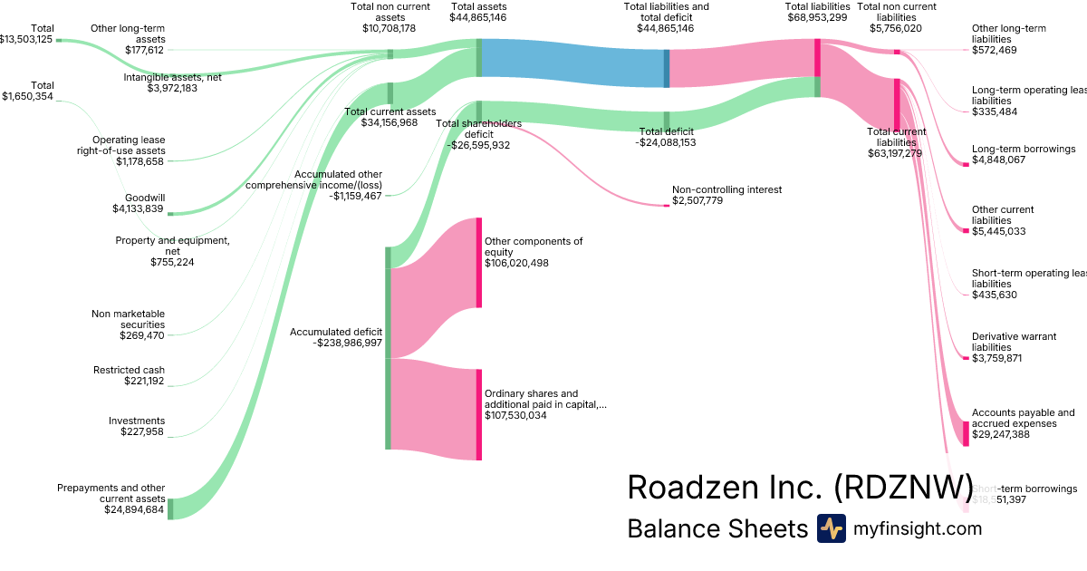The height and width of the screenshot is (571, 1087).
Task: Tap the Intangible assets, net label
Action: (x=172, y=77)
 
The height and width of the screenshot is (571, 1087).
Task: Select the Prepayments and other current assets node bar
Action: (x=169, y=508)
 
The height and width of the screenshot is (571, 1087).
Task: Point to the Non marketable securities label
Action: (x=128, y=319)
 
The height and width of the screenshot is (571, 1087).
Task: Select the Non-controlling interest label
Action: (x=726, y=190)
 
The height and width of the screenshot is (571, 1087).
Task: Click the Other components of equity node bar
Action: (x=479, y=263)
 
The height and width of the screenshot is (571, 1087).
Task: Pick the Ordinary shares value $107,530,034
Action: (x=515, y=415)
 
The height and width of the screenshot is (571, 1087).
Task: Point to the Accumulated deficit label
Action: (x=336, y=332)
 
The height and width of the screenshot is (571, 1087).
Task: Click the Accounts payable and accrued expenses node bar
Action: (x=967, y=433)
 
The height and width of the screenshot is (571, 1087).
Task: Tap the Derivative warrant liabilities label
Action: (x=1014, y=342)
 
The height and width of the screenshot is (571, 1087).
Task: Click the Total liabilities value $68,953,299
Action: (x=817, y=17)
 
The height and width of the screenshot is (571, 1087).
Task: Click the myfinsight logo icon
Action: (x=831, y=528)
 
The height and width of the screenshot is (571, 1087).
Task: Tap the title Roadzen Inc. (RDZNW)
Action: (x=800, y=487)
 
